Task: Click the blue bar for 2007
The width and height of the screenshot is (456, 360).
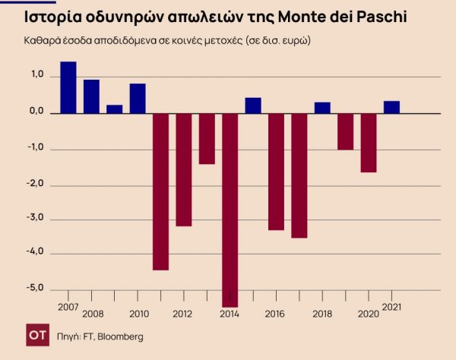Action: click(68, 87)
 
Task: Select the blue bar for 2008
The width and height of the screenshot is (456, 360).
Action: click(91, 96)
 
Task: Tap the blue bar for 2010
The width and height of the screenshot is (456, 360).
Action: click(138, 98)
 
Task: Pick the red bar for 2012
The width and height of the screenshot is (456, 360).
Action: click(184, 169)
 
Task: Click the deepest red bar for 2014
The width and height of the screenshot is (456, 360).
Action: click(230, 210)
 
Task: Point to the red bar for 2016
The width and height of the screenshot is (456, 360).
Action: click(276, 171)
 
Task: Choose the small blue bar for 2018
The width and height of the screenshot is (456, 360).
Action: click(322, 107)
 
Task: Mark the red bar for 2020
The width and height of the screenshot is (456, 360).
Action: click(369, 143)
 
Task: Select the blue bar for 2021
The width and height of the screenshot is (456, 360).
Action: click(391, 107)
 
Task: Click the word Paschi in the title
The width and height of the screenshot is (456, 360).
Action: click(376, 16)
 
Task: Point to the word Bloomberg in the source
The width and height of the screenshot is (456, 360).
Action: click(119, 336)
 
